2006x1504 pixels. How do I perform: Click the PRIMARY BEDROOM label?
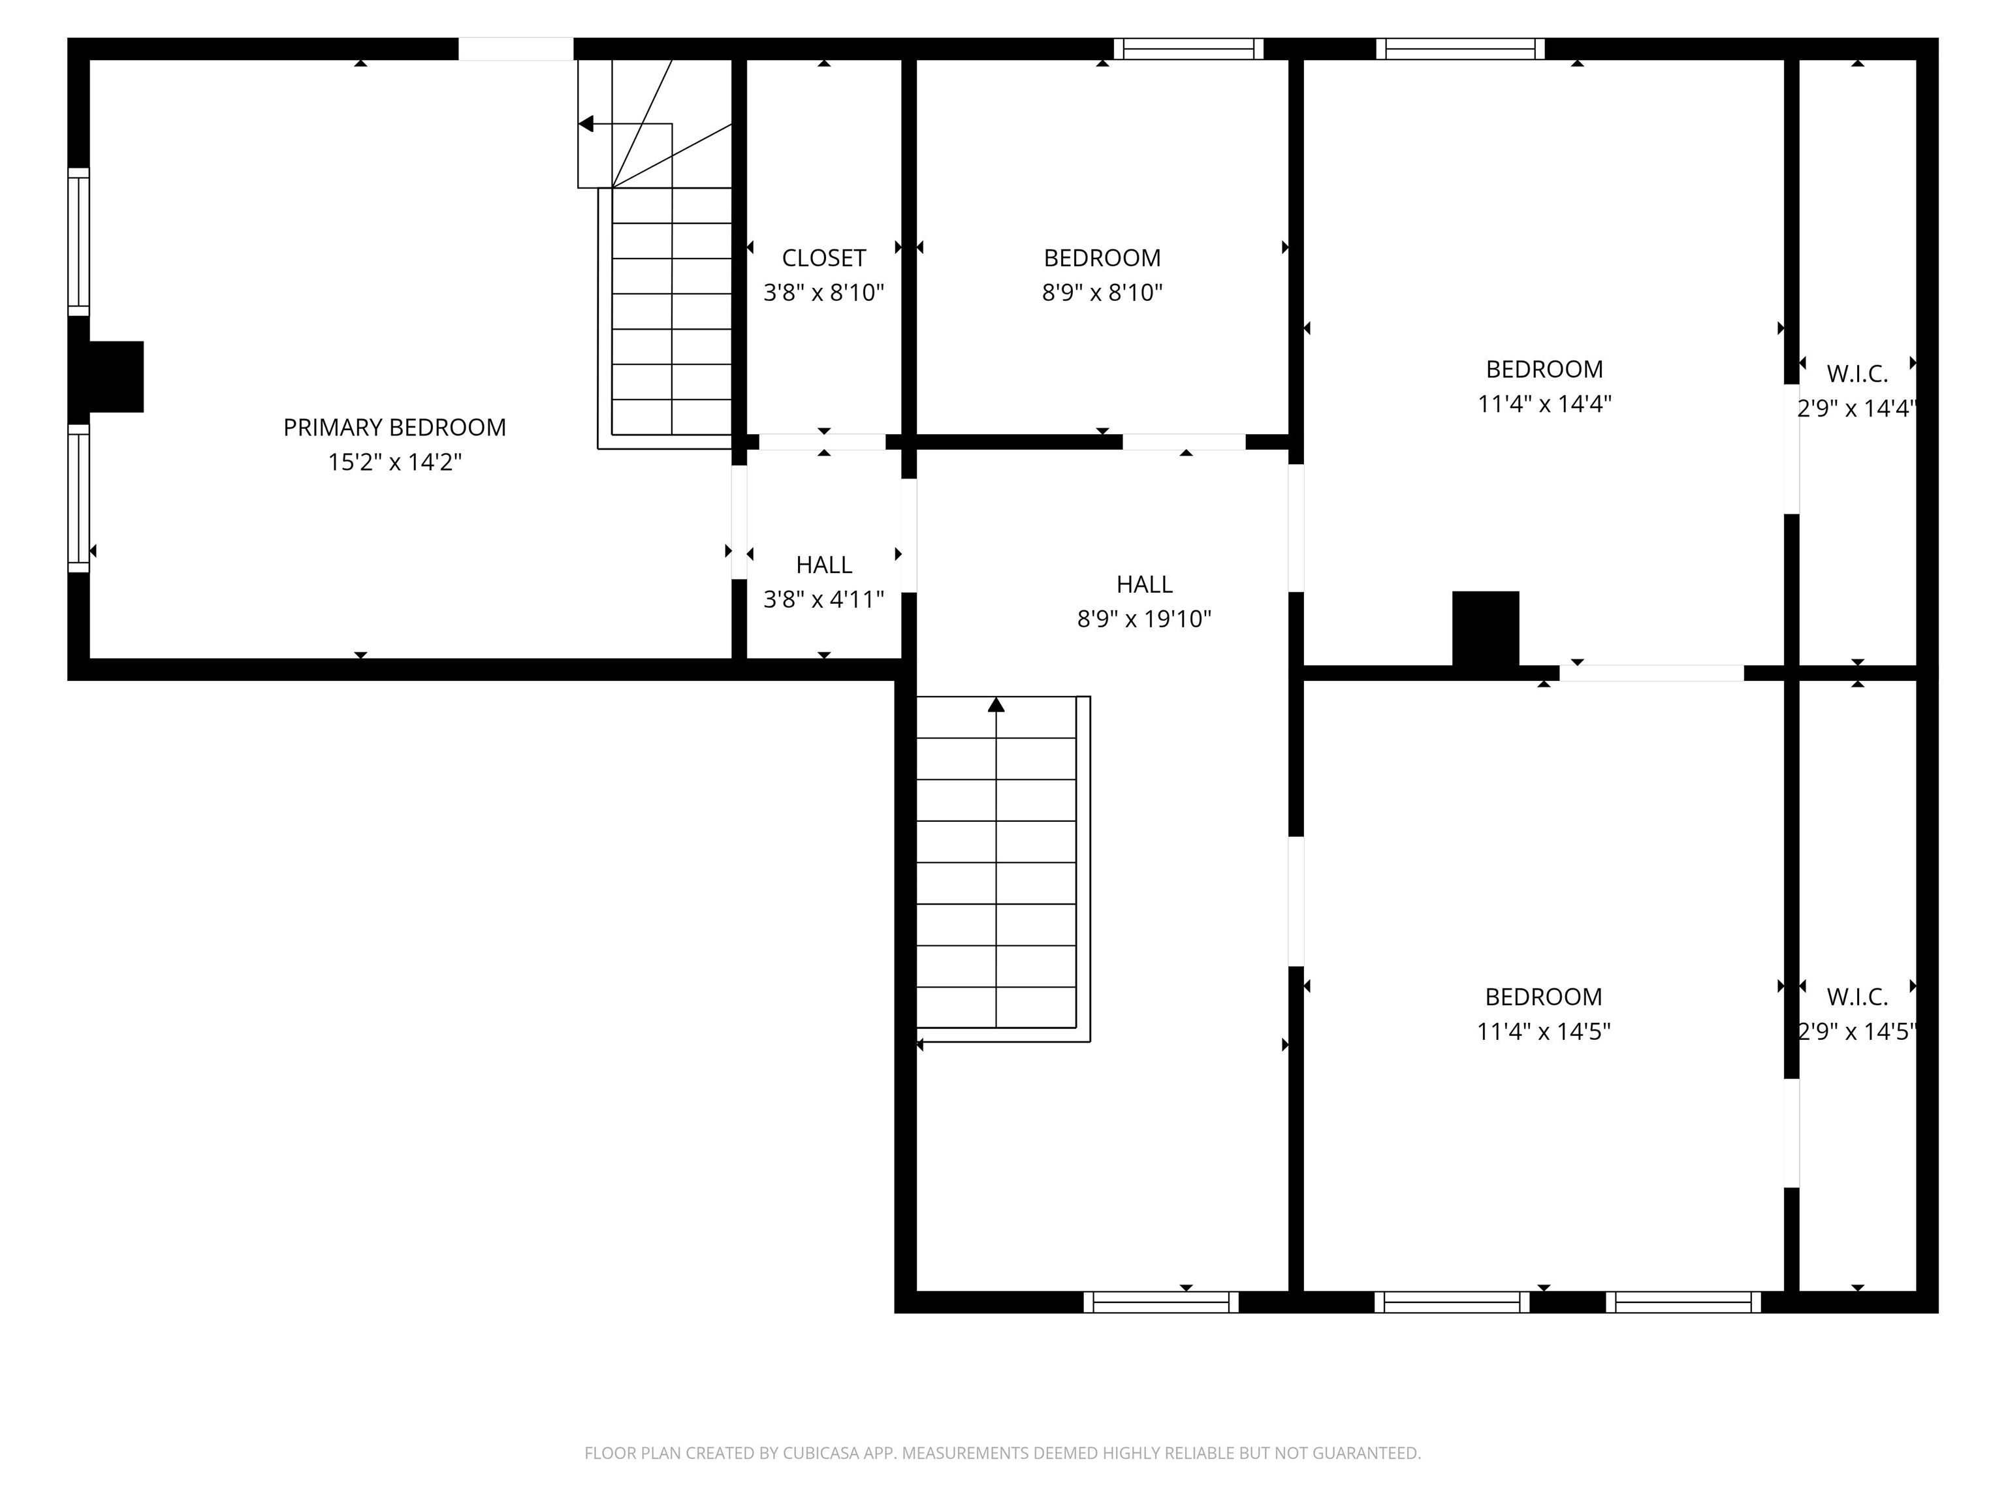click(394, 427)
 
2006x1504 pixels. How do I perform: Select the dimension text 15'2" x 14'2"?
click(394, 462)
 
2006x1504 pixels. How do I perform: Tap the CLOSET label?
click(823, 258)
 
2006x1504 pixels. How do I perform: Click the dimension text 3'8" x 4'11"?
click(823, 599)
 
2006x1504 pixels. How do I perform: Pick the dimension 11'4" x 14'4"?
click(1544, 403)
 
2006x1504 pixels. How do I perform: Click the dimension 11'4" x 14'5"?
click(1544, 1031)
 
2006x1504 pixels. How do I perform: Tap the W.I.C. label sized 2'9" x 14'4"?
click(1856, 373)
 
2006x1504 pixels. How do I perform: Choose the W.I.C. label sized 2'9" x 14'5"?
click(1856, 997)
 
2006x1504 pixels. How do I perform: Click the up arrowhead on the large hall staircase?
click(996, 704)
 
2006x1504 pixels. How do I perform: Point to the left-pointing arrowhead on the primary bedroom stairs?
click(586, 123)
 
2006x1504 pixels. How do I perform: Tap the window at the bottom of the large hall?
click(1161, 1302)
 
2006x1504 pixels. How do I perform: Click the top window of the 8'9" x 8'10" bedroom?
click(1188, 49)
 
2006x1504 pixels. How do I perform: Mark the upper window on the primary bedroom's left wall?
click(79, 242)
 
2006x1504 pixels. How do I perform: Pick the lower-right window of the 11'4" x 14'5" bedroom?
click(1683, 1302)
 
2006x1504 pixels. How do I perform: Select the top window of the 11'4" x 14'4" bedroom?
click(1460, 49)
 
